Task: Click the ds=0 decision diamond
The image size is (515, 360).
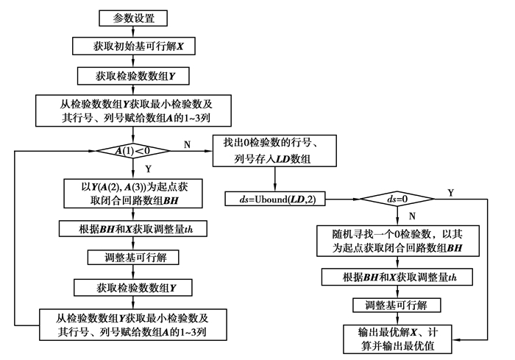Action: click(397, 199)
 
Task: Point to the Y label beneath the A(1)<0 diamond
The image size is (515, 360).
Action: click(141, 168)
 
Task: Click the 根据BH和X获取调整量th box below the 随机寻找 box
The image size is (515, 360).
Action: click(397, 277)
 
